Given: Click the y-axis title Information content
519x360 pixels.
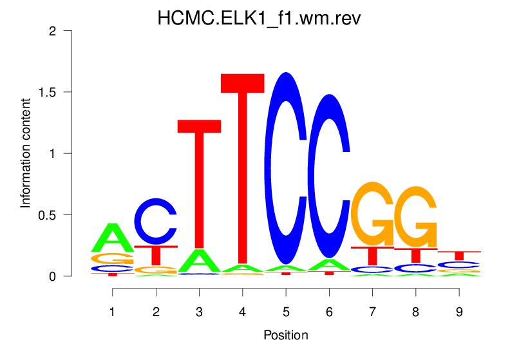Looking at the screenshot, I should [x=26, y=153].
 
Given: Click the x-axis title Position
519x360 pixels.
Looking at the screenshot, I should [x=285, y=335].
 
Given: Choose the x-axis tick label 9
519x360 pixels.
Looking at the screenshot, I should [x=458, y=312].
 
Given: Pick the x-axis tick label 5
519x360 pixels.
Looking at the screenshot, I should [x=285, y=312].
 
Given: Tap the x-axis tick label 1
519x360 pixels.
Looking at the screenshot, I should [x=113, y=312].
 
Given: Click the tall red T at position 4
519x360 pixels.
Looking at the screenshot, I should [x=243, y=167].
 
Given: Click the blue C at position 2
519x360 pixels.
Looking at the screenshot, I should [x=156, y=221].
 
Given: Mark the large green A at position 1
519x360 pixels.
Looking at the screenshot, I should [x=113, y=238].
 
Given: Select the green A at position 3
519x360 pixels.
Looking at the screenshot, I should [x=200, y=261].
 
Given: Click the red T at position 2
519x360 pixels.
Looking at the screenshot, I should [x=156, y=255].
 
